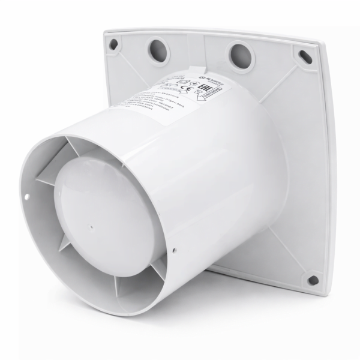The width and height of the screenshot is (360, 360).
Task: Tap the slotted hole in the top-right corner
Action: click(x=305, y=57)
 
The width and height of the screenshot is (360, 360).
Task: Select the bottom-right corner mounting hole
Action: click(x=313, y=280)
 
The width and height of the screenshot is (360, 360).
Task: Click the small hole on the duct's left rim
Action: click(x=28, y=194)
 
